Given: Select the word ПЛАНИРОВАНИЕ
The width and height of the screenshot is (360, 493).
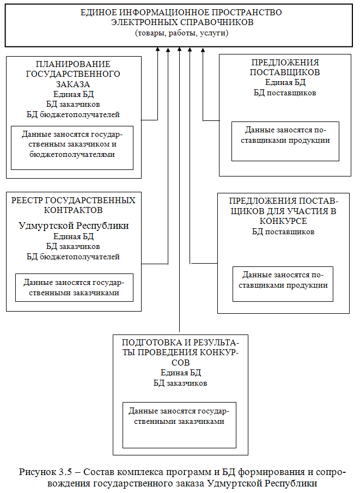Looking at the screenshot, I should click(x=74, y=64).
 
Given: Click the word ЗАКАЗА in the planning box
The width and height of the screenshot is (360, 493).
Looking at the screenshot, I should click(x=73, y=84).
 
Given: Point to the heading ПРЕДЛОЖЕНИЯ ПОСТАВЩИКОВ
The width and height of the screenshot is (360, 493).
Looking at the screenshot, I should click(x=285, y=67).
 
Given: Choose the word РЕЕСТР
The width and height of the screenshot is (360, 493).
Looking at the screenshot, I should click(x=27, y=200).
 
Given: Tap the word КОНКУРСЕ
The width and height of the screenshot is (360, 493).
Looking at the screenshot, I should click(x=283, y=221).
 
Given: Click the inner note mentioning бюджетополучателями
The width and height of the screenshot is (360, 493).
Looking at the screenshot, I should click(x=72, y=147).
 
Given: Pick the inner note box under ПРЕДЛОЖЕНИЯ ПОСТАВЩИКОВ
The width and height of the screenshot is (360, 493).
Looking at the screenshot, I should click(x=285, y=141).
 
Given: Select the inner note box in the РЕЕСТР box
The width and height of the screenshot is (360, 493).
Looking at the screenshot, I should click(x=74, y=287).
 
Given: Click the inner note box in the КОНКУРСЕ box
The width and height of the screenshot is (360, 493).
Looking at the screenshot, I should click(x=282, y=283).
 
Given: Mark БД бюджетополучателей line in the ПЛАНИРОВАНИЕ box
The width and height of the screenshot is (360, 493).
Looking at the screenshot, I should click(x=73, y=114).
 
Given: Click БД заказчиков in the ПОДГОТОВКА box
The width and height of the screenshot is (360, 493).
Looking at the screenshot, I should click(x=180, y=383).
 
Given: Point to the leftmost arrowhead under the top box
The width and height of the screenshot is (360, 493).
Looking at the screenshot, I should click(x=157, y=50).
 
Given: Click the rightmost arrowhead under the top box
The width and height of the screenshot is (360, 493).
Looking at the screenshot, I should click(x=203, y=50).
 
